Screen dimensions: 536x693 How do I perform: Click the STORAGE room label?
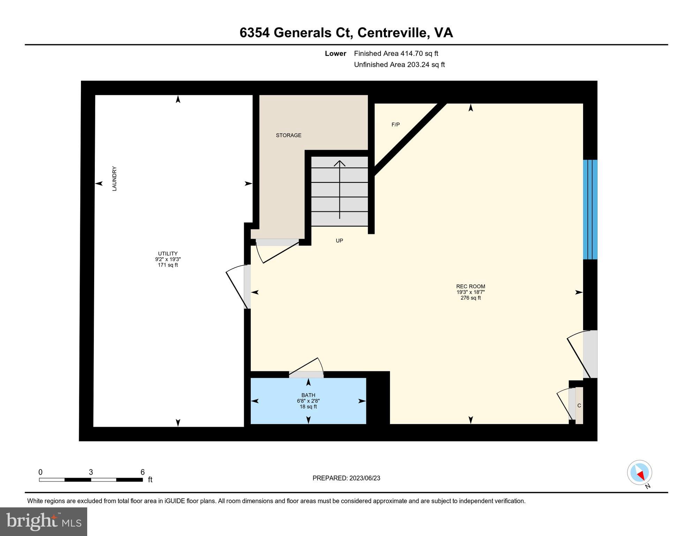coord(288,135)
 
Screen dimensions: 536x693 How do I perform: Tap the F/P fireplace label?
coord(396,125)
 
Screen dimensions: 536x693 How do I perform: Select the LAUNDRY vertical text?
coord(114,179)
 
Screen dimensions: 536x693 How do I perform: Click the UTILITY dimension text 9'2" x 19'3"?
coord(168,259)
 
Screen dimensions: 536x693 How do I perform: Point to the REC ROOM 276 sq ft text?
coord(470,298)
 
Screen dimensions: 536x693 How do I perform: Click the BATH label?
coord(308,395)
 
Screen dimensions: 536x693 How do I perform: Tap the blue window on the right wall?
coord(590,209)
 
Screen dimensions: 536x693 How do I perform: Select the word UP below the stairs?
coord(339,241)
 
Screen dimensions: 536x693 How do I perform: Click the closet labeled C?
coord(579,405)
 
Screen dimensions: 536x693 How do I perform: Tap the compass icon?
coord(640,473)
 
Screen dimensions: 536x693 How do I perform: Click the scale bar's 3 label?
coord(91,472)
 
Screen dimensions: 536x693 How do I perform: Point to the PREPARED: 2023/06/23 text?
coord(346,478)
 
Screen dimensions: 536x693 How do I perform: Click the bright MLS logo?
coord(44,521)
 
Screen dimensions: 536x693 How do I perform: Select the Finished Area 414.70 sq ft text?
coord(396,53)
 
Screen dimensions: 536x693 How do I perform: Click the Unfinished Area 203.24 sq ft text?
coord(399,65)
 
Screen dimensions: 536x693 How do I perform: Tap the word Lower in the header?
coord(336,53)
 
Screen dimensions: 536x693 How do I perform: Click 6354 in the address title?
coord(254,33)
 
